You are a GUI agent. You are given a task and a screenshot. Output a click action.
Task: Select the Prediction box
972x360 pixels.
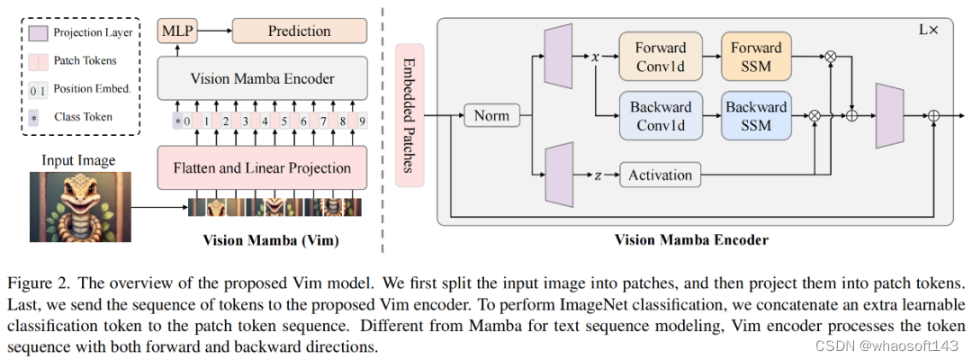pyautogui.click(x=300, y=31)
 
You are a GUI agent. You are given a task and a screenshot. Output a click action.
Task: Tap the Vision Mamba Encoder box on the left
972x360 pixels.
pyautogui.click(x=261, y=79)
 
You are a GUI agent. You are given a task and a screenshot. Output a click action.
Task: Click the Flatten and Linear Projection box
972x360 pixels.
pyautogui.click(x=261, y=167)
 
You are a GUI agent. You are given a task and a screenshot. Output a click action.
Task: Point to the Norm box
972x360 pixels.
pyautogui.click(x=492, y=115)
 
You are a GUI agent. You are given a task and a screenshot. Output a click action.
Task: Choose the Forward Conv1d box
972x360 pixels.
pyautogui.click(x=661, y=56)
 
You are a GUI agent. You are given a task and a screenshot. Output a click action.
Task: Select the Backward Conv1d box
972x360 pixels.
pyautogui.click(x=661, y=115)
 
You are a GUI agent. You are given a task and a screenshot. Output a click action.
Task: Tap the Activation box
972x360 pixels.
pyautogui.click(x=661, y=175)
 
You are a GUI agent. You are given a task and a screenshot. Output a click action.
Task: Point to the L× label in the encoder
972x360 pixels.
pyautogui.click(x=928, y=30)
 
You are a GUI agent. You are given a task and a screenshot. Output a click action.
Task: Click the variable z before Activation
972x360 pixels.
pyautogui.click(x=597, y=175)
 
